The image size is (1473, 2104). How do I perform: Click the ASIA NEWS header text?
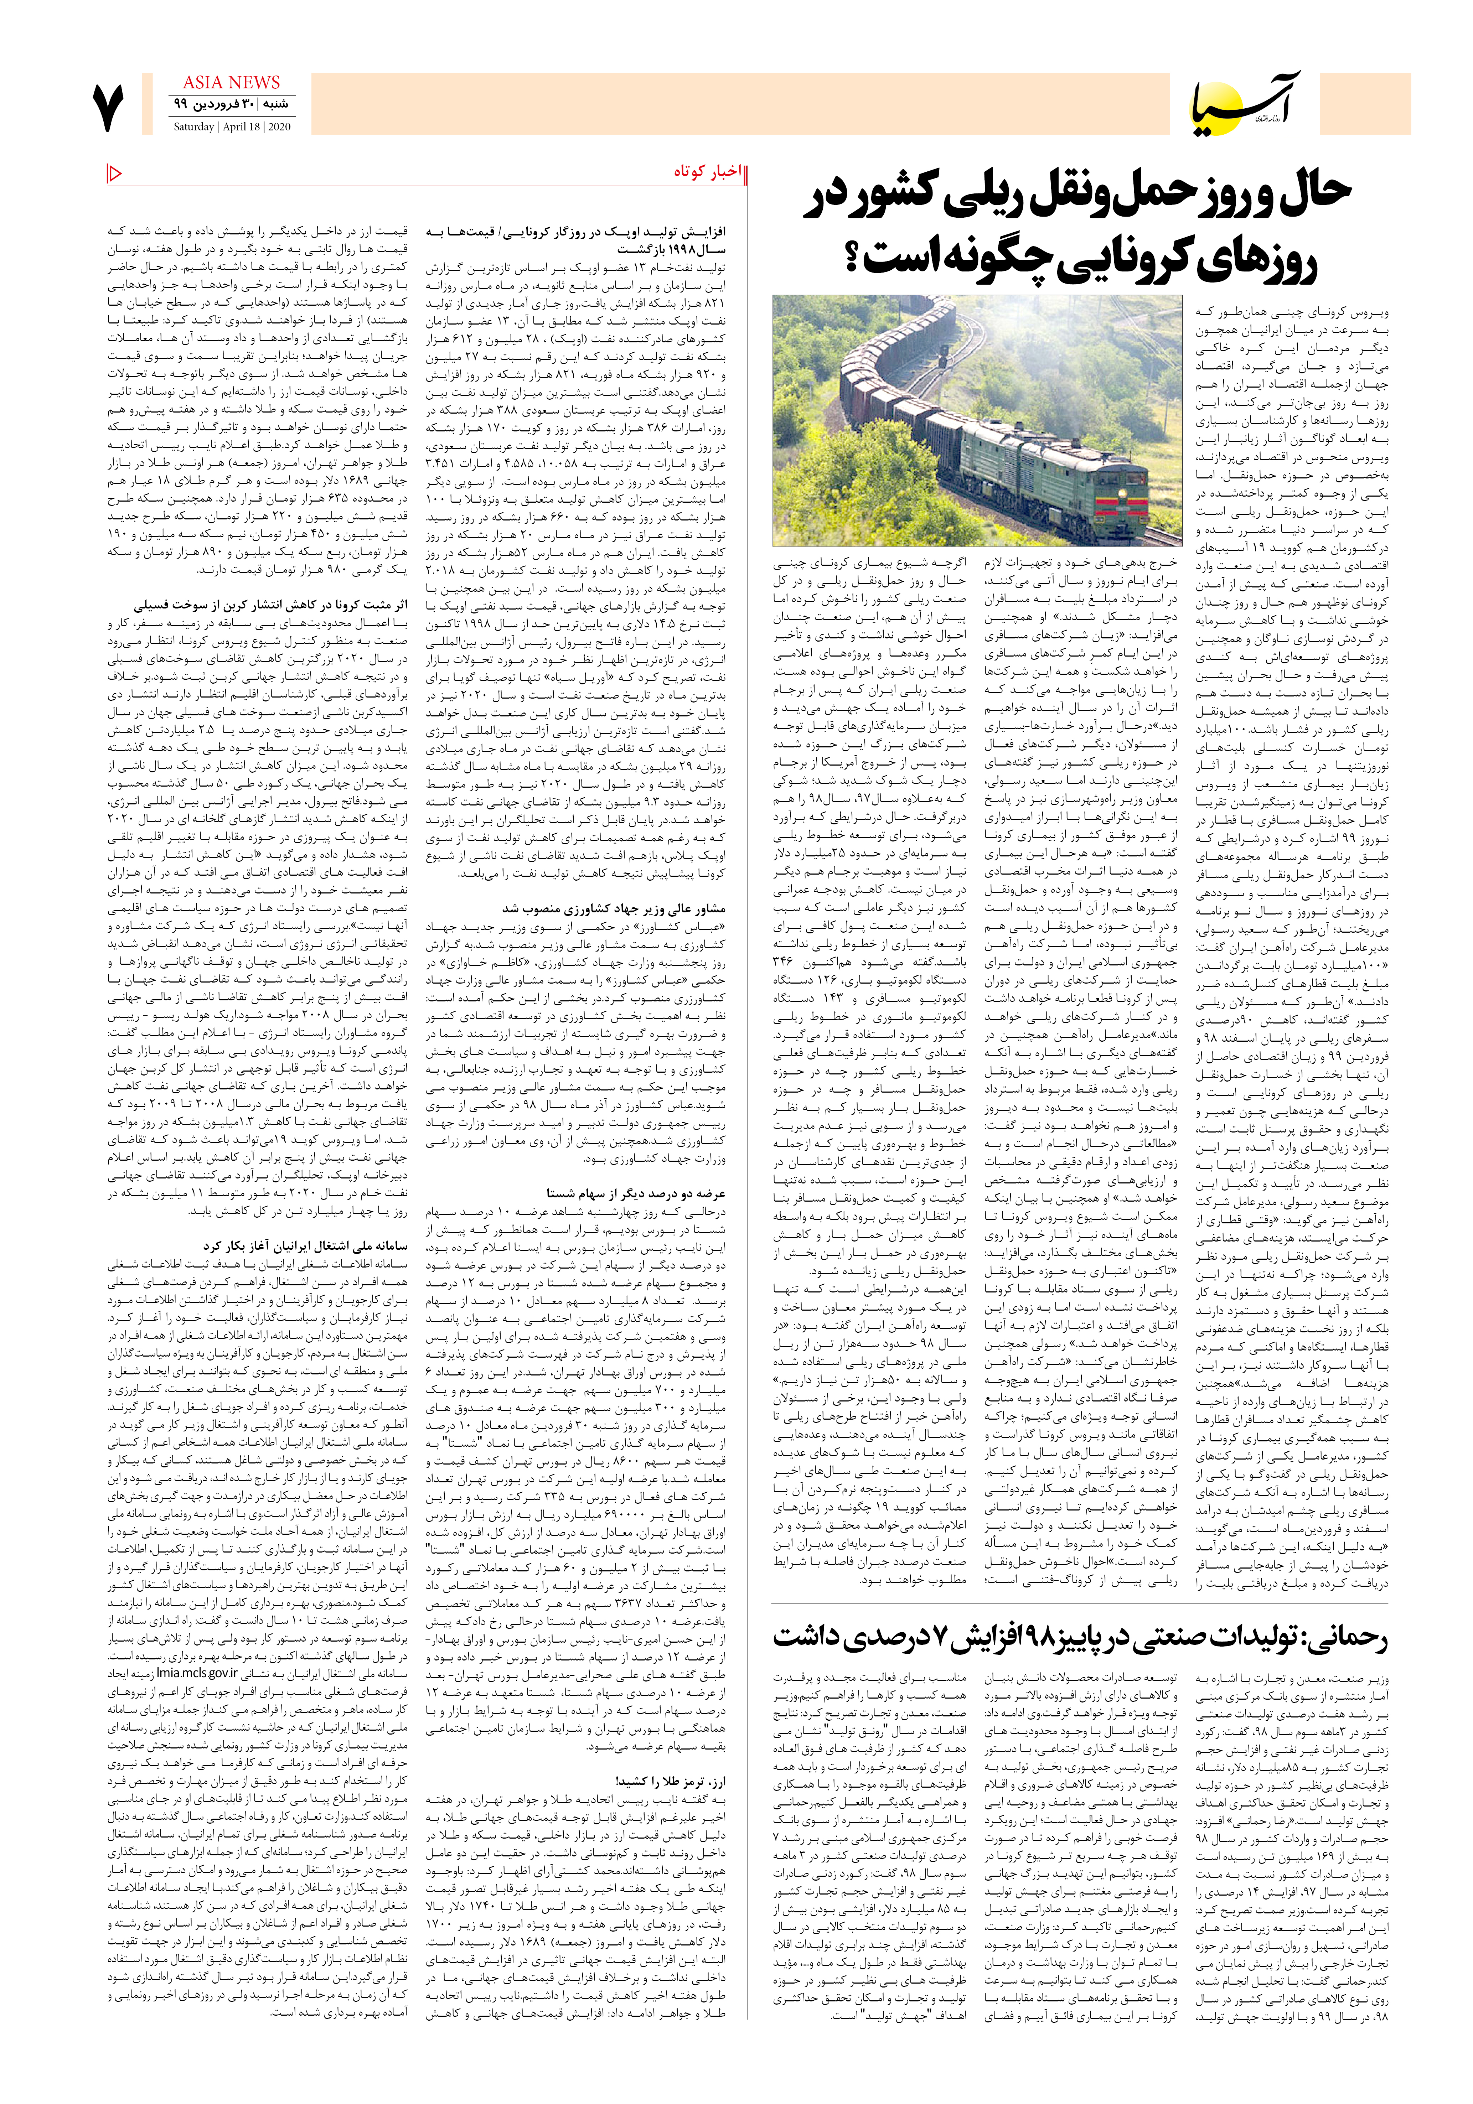point(231,83)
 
